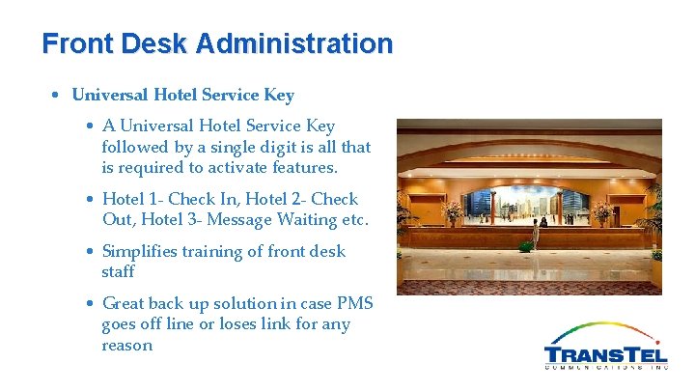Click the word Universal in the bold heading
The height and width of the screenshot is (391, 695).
tap(111, 96)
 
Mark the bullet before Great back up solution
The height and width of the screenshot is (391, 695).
tap(89, 303)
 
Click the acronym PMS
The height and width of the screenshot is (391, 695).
tap(354, 303)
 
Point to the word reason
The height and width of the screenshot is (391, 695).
tap(127, 345)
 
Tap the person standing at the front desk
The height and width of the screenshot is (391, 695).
tap(542, 221)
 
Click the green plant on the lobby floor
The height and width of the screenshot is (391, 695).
tap(526, 245)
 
